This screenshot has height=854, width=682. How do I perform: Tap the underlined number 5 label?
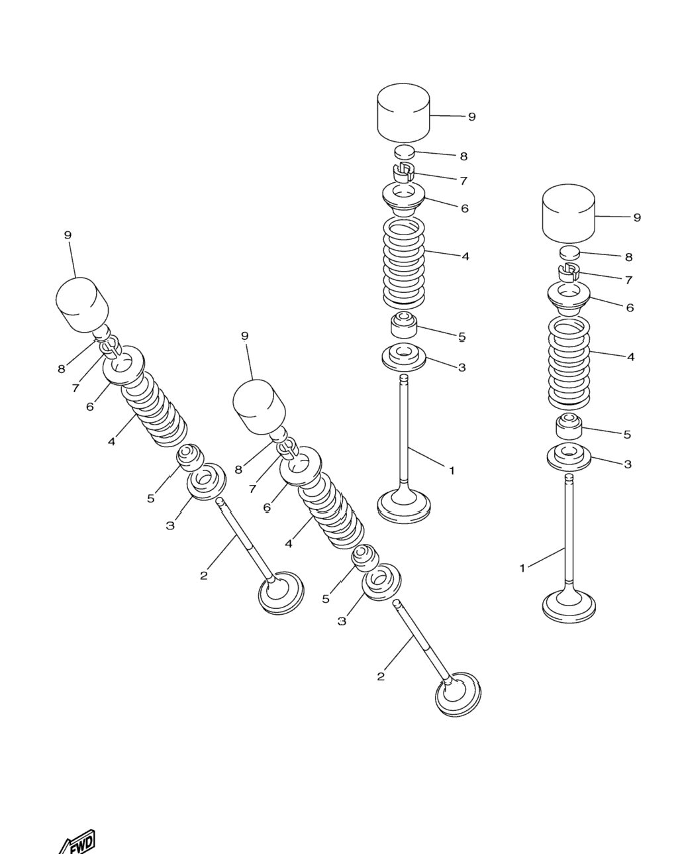coord(462,337)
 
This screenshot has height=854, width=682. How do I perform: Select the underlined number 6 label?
coord(267,507)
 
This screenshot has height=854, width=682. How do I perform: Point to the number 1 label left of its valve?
coord(522,568)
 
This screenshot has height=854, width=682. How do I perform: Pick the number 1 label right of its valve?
coord(452,470)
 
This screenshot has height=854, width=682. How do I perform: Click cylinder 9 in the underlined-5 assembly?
coord(403,113)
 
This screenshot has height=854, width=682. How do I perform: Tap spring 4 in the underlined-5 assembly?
coord(403,263)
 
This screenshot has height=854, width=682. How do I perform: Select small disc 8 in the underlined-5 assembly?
coord(405,152)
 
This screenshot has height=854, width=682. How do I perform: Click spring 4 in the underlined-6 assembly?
coord(330,506)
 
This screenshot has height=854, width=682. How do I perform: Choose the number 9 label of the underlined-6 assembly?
coord(245,336)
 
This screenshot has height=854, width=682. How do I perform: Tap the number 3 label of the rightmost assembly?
coord(627,464)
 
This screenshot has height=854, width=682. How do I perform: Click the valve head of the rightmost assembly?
coord(569,606)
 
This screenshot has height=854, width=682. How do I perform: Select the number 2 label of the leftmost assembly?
coord(203,576)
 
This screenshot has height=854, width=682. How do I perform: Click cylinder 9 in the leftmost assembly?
coord(81,305)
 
